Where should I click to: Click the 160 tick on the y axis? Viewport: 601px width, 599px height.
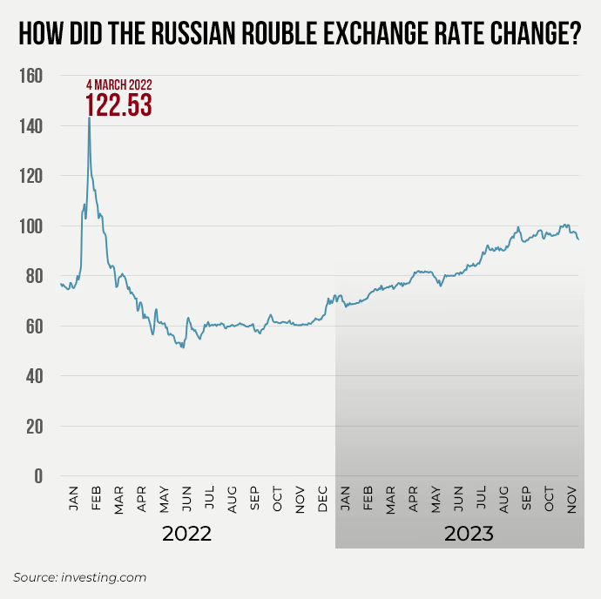click(31, 77)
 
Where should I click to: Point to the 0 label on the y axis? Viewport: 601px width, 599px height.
click(37, 476)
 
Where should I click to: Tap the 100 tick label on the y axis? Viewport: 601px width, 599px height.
click(31, 226)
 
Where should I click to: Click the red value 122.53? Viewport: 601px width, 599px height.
click(118, 104)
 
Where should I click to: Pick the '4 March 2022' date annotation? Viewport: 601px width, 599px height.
click(118, 84)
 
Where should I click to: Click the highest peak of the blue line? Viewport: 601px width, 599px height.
click(89, 118)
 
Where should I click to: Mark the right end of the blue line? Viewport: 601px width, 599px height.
click(578, 239)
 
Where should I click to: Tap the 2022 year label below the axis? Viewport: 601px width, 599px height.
click(187, 533)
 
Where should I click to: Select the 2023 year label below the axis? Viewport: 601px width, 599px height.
click(469, 533)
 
